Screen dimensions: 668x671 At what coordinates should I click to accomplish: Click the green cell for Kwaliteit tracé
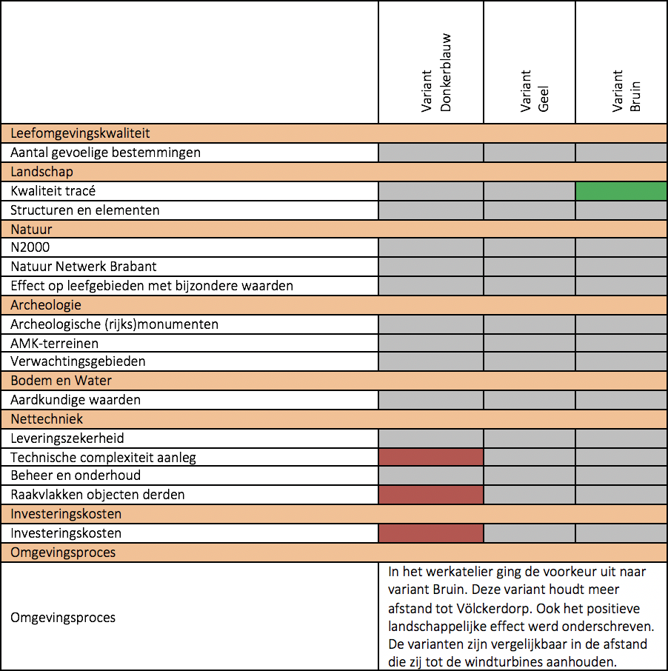pyautogui.click(x=621, y=191)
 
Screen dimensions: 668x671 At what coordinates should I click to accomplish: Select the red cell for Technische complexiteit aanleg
pyautogui.click(x=431, y=457)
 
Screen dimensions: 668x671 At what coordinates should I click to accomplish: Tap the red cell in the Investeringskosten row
pyautogui.click(x=431, y=533)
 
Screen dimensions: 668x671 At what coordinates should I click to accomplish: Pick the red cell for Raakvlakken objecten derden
pyautogui.click(x=431, y=495)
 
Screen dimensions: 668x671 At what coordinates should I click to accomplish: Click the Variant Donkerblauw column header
pyautogui.click(x=435, y=73)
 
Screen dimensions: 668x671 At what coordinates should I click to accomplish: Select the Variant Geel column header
pyautogui.click(x=534, y=91)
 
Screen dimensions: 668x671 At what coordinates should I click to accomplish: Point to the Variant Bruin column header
pyautogui.click(x=626, y=91)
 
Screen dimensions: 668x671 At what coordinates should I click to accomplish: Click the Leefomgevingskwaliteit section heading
pyautogui.click(x=80, y=133)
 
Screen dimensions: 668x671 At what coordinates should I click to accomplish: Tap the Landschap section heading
pyautogui.click(x=41, y=172)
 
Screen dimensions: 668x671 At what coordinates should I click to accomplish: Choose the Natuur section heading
pyautogui.click(x=31, y=230)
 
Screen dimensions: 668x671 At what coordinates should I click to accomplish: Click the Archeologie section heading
pyautogui.click(x=46, y=305)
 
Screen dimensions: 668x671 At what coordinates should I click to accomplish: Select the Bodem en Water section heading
pyautogui.click(x=61, y=381)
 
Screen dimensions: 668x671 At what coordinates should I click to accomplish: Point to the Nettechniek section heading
pyautogui.click(x=47, y=419)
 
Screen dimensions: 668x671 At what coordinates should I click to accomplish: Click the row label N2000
pyautogui.click(x=30, y=247)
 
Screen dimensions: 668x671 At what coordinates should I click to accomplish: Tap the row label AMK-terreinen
pyautogui.click(x=54, y=343)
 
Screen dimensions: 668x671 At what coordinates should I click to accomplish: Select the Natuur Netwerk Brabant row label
pyautogui.click(x=84, y=267)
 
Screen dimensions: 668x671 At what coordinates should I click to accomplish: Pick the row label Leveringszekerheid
pyautogui.click(x=67, y=438)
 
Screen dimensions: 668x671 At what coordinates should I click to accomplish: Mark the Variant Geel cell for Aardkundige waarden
pyautogui.click(x=530, y=400)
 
